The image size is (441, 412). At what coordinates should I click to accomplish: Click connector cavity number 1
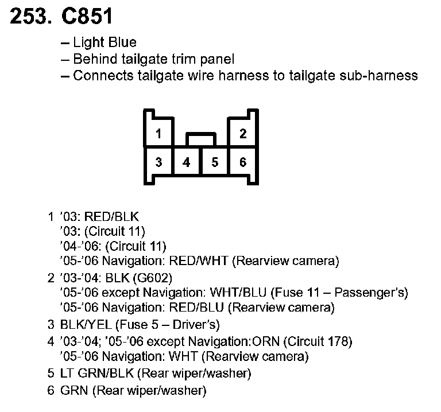tap(158, 134)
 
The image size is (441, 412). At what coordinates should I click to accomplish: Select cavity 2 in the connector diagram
tap(242, 134)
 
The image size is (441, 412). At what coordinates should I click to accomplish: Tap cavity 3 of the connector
tap(158, 162)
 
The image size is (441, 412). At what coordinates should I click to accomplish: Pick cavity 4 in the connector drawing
tap(187, 162)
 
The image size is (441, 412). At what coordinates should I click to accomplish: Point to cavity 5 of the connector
tap(215, 162)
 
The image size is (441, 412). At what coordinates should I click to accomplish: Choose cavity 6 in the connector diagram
tap(242, 162)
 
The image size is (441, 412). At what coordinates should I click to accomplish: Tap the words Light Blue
tap(105, 43)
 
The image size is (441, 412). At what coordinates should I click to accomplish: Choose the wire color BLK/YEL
tap(83, 325)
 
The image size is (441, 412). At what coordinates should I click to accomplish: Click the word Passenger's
tap(372, 292)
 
